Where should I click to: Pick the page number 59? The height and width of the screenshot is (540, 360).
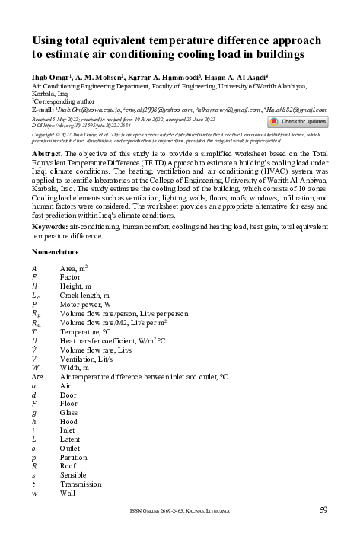[323, 510]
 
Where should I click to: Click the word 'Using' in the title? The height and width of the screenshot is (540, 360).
[49, 41]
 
